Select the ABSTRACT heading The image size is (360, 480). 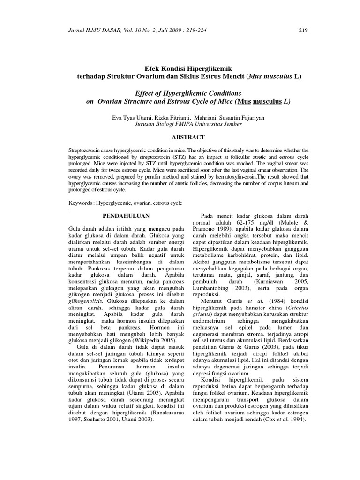pos(187,137)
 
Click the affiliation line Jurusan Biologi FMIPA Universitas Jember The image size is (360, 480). pos(188,124)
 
